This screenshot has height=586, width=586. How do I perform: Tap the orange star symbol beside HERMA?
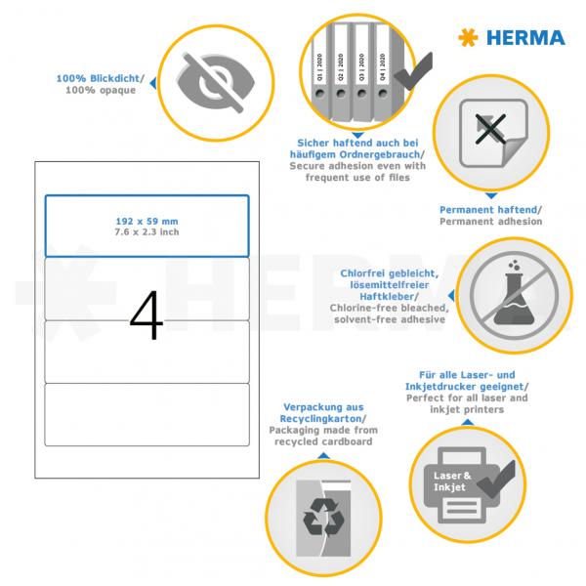[x=469, y=38]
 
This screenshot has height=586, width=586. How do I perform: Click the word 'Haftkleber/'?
[x=417, y=296]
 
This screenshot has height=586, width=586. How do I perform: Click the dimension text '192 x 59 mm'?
[x=146, y=221]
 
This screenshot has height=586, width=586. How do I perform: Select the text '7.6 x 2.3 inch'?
[x=146, y=231]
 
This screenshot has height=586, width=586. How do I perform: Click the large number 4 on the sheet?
[x=146, y=314]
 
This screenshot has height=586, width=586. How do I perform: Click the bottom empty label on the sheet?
[x=146, y=413]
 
